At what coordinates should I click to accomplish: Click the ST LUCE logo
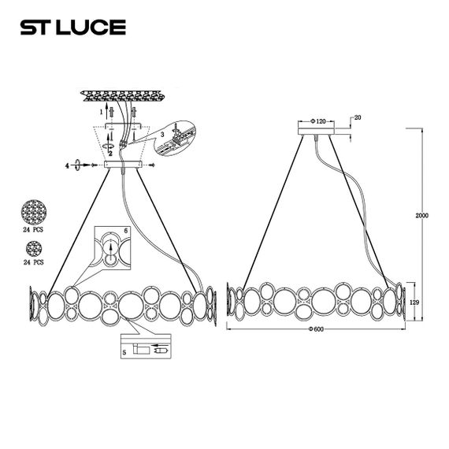coord(72,28)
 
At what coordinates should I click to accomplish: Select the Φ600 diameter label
coord(317,328)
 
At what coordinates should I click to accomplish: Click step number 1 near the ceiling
coord(101,113)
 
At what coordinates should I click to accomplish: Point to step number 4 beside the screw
coord(68,165)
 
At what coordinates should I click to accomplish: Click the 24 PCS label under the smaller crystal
coord(33,261)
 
